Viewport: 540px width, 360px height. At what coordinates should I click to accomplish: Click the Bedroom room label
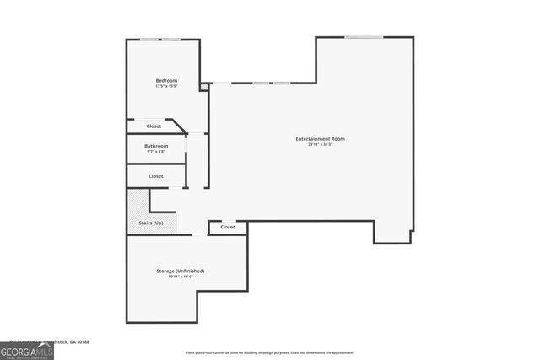click(166, 80)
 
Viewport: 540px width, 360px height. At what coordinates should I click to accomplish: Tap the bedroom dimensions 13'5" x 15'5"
click(166, 86)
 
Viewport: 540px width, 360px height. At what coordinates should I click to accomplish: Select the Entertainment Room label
click(320, 138)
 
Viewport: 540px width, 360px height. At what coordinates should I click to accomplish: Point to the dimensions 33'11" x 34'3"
click(320, 145)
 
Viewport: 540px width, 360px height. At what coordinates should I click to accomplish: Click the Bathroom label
click(156, 146)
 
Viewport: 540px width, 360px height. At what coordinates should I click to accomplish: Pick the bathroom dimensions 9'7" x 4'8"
click(156, 152)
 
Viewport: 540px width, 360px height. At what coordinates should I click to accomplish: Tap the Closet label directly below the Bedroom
click(154, 126)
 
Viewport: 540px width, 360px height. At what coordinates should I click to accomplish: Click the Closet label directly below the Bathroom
click(155, 176)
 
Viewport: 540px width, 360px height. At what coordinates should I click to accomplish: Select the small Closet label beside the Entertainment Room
click(228, 227)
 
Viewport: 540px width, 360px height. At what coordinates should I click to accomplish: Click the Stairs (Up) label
click(151, 223)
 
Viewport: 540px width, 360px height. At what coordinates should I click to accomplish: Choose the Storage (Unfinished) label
click(180, 271)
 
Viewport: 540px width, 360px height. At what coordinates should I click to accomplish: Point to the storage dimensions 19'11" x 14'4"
click(180, 277)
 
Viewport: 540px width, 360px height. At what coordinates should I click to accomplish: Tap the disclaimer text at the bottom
click(270, 352)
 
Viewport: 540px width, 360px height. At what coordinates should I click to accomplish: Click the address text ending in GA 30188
click(59, 342)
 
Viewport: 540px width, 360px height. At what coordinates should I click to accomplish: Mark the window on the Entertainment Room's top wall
click(364, 37)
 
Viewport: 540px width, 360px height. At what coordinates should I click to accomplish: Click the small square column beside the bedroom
click(203, 86)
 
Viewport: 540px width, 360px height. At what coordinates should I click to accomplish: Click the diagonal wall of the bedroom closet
click(178, 126)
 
